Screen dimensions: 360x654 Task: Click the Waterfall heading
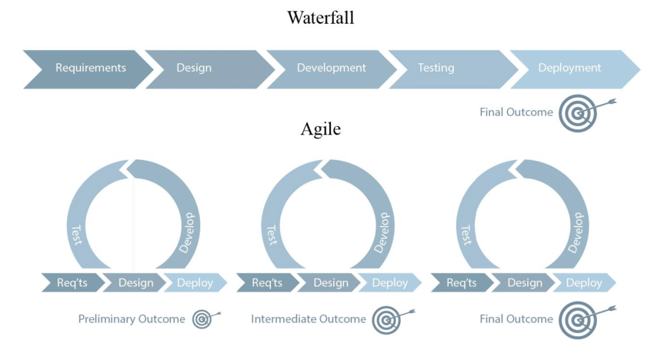coord(321,18)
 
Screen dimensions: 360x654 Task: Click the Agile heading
coord(320,129)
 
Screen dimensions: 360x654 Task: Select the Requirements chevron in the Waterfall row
coord(90,68)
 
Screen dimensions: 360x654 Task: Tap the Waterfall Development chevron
coord(332,68)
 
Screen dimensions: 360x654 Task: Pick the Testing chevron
coord(436,68)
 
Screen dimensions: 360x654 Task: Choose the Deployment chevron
coord(570,68)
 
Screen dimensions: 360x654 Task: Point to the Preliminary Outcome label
coord(132,319)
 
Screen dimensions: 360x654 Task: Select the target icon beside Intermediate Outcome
coord(387,319)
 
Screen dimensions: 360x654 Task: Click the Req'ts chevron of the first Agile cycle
coord(72,283)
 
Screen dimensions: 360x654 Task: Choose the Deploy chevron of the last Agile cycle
coord(584,283)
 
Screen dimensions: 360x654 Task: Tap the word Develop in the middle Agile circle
coord(382,232)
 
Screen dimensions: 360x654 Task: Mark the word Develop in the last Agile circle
coord(577,232)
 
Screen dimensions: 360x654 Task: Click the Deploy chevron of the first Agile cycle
coord(195,283)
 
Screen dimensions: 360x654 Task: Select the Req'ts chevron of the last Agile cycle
coord(462,283)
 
